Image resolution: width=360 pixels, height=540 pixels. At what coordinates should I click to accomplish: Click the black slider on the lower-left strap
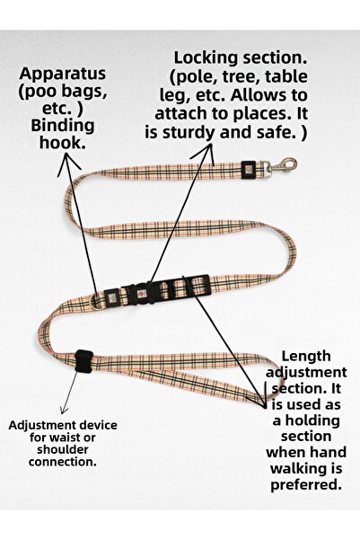(83, 361)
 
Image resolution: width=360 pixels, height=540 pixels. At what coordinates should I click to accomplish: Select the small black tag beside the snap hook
(248, 168)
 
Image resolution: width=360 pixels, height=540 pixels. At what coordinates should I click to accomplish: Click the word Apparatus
(63, 72)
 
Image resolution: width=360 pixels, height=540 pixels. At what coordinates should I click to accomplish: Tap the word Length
(307, 356)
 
